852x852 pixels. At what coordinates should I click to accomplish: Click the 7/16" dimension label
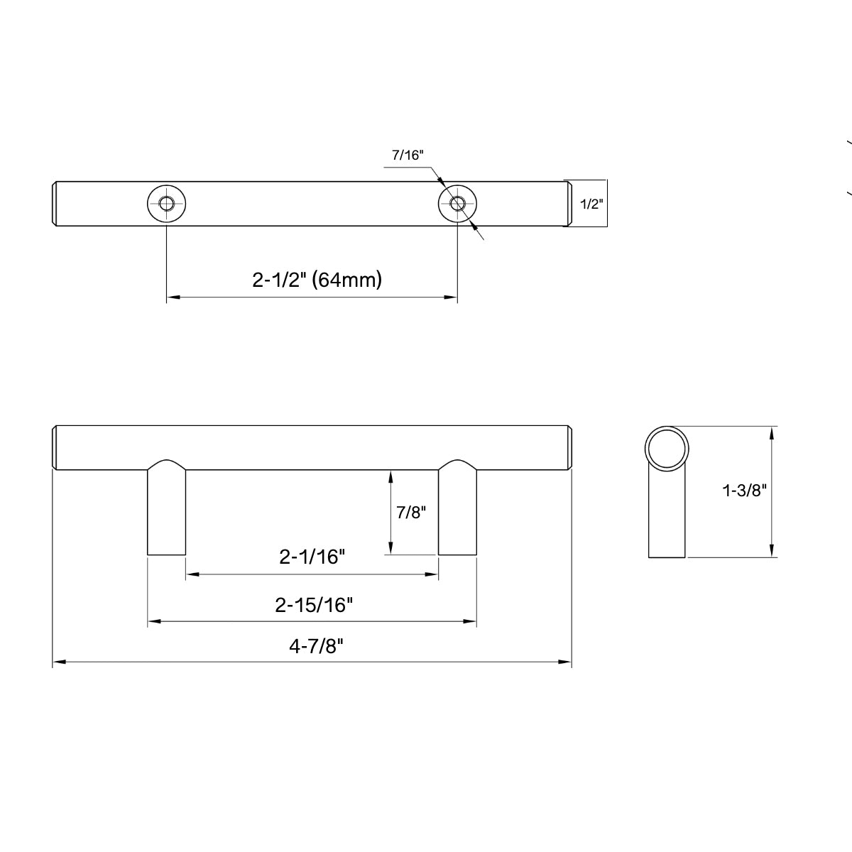[407, 155]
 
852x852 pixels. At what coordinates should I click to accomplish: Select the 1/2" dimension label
[591, 204]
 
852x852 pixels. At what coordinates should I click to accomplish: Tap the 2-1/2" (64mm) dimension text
[317, 280]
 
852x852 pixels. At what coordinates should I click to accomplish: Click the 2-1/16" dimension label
[312, 557]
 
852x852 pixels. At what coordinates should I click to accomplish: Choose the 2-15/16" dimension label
[314, 605]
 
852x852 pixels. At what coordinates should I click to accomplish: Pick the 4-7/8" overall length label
[316, 646]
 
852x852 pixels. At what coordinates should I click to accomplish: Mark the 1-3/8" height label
[744, 490]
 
